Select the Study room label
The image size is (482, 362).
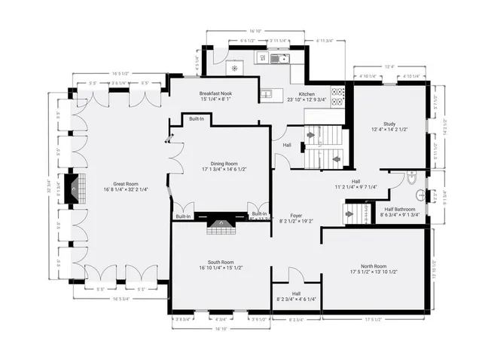(x=389, y=124)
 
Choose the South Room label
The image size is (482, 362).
(x=221, y=262)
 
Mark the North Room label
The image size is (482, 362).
(x=374, y=266)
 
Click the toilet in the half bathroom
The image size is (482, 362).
(x=411, y=179)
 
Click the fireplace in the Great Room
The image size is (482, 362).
(x=74, y=187)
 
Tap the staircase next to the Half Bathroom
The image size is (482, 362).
(x=357, y=213)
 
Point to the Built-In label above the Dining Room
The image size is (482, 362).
(x=196, y=119)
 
